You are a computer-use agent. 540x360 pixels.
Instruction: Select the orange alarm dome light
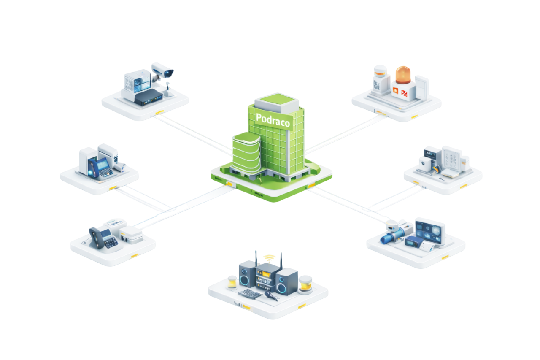[403, 75]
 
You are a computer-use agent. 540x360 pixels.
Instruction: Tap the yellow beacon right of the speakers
[306, 285]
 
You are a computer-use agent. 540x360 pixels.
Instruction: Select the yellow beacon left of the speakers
[232, 282]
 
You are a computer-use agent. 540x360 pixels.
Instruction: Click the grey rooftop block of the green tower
[277, 100]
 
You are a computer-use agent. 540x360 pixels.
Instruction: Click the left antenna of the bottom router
[256, 257]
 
